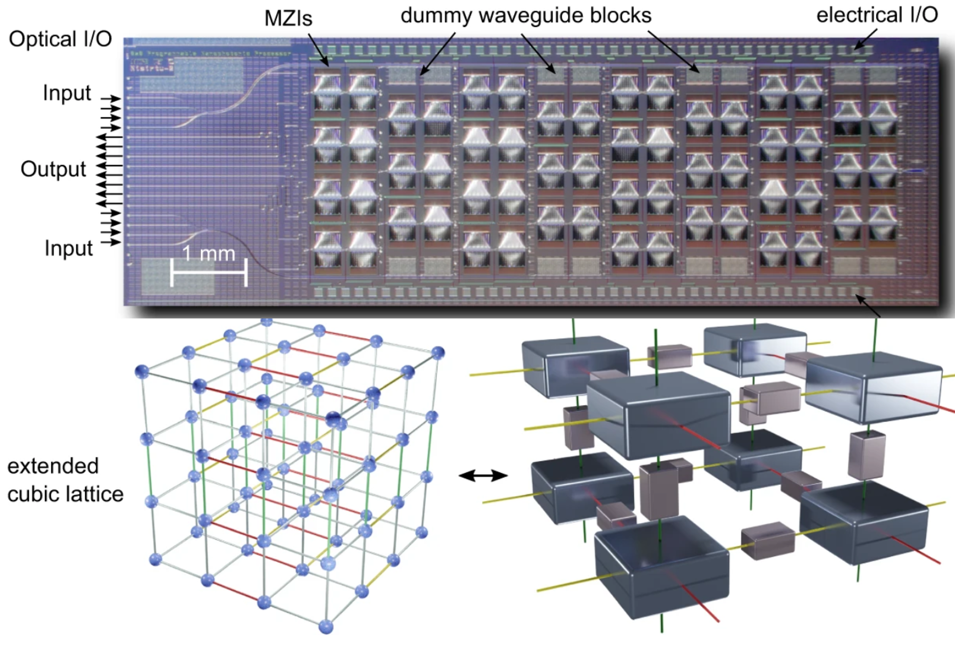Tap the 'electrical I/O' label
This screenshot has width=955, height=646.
pyautogui.click(x=876, y=15)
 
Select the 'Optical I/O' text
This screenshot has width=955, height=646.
pyautogui.click(x=60, y=39)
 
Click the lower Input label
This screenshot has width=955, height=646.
pyautogui.click(x=69, y=248)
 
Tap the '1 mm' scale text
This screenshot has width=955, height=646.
pyautogui.click(x=209, y=253)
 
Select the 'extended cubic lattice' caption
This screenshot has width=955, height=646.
pyautogui.click(x=65, y=480)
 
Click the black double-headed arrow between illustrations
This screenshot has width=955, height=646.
pyautogui.click(x=483, y=476)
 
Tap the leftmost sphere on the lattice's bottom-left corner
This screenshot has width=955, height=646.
pyautogui.click(x=155, y=559)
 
